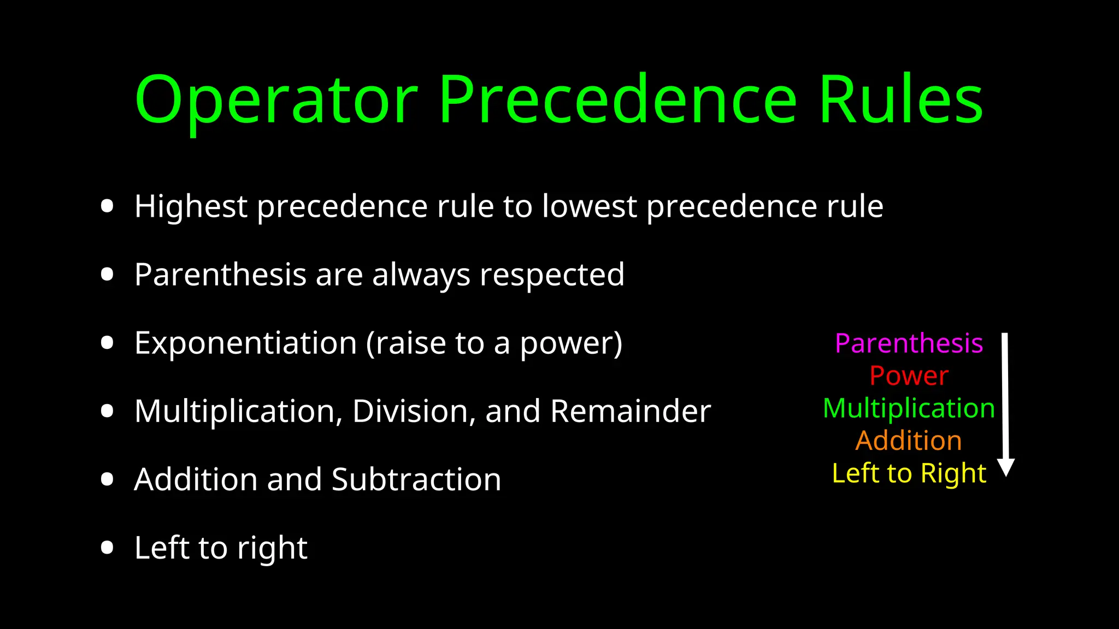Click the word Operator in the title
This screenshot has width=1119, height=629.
point(276,101)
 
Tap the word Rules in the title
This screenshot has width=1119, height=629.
point(900,101)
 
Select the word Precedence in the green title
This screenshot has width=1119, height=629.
point(617,101)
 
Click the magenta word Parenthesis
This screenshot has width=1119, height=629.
point(909,343)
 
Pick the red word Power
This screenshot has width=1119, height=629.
point(909,376)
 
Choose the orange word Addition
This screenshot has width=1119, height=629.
point(909,441)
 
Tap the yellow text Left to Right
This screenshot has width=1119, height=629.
point(909,473)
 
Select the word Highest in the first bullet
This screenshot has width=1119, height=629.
point(191,207)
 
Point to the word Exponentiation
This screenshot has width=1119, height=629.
point(245,343)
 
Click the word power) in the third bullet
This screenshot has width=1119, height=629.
point(571,345)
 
